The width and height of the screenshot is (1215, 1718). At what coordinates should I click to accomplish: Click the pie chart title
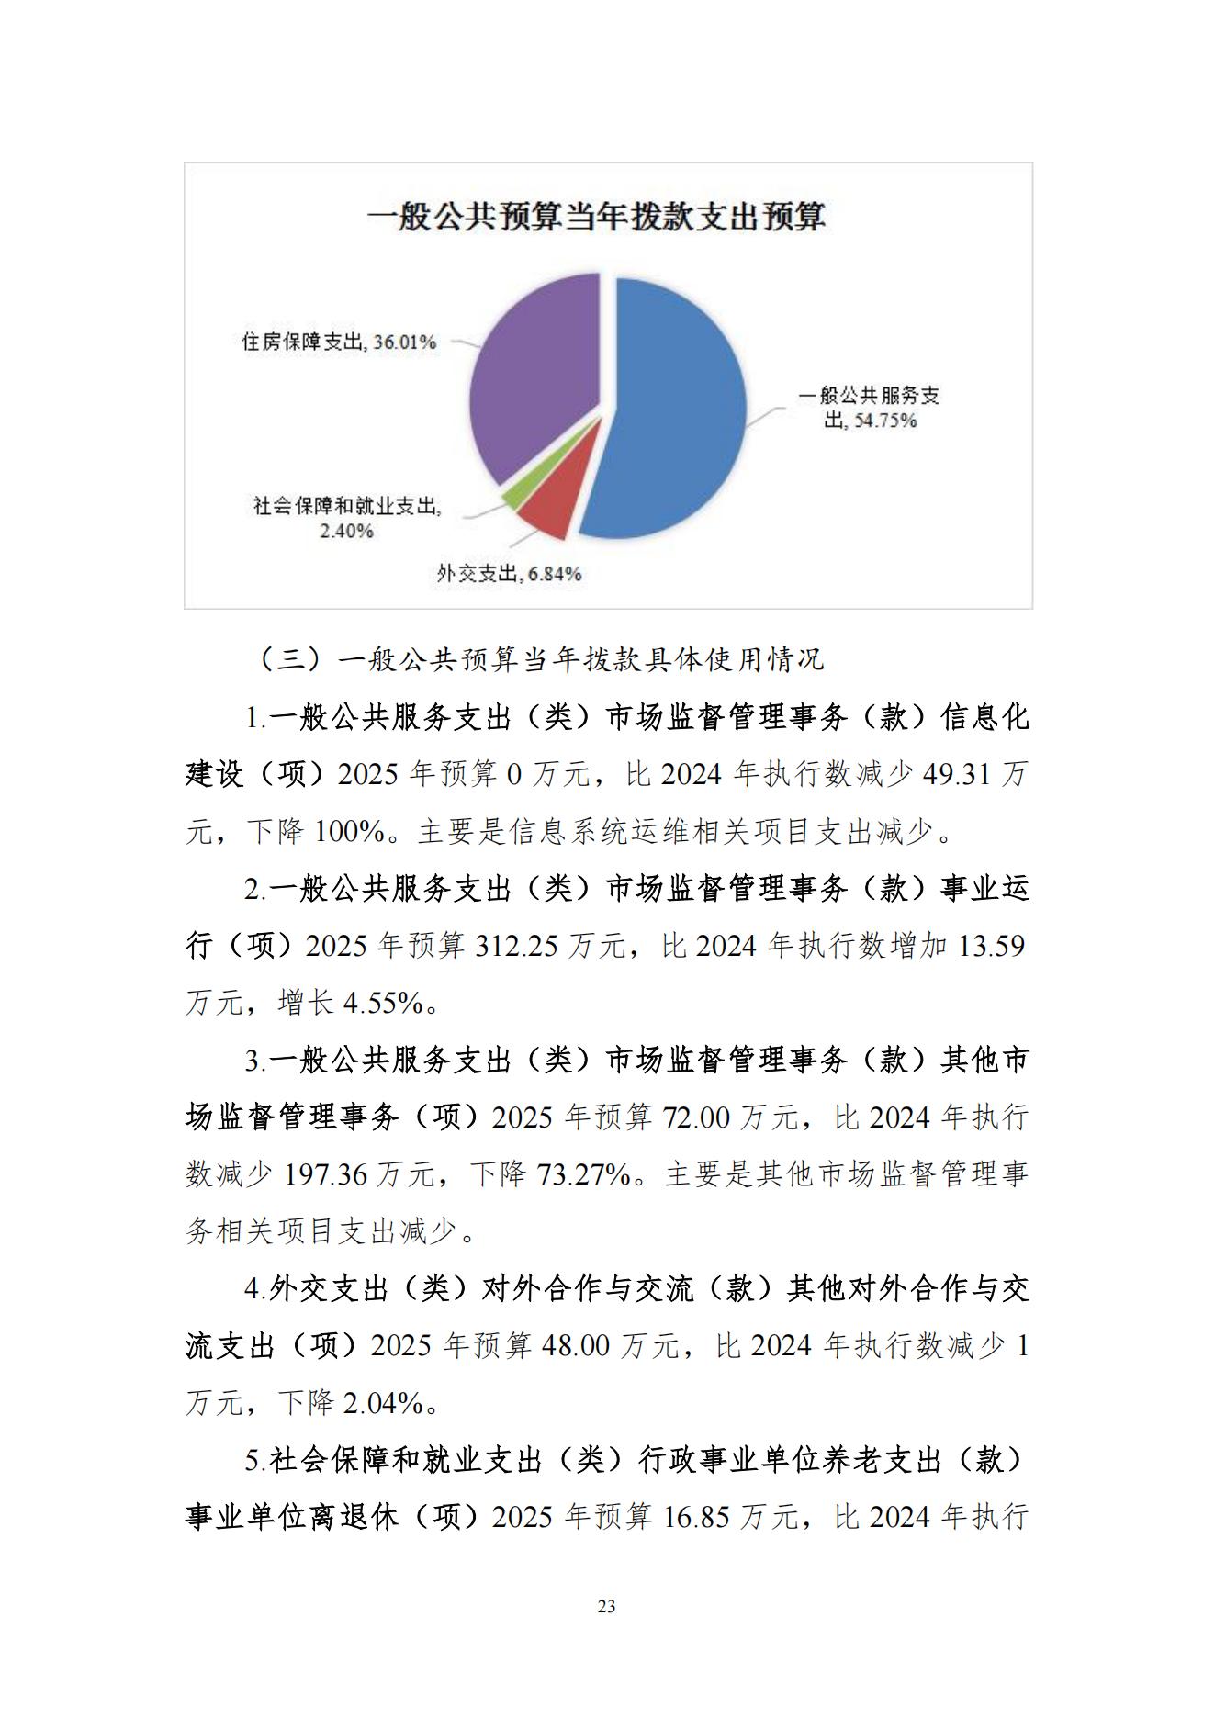point(596,218)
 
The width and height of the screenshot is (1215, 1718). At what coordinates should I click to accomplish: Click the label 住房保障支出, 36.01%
point(339,342)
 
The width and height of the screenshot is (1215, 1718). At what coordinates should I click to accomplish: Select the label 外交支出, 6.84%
point(509,574)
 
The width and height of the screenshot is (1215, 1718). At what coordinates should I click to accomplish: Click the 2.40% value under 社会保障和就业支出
point(346,531)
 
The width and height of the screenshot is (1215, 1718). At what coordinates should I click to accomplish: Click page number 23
point(606,1606)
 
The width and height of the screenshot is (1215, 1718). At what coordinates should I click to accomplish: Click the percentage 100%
point(349,832)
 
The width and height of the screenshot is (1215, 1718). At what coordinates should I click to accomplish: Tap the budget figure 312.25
point(516,946)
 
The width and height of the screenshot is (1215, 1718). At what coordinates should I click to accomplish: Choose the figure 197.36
point(325,1174)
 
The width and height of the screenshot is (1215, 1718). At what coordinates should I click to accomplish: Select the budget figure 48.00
point(576,1346)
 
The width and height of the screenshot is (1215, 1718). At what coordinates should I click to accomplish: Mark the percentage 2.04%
point(383,1403)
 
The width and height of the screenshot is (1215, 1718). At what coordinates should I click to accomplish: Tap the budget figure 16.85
point(695,1517)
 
